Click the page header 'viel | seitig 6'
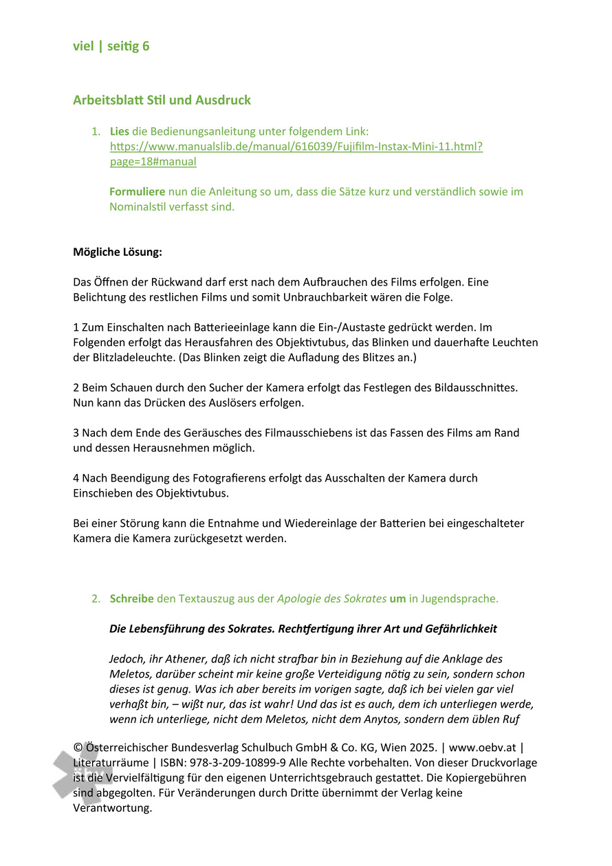tap(111, 47)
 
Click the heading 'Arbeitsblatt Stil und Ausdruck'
tap(162, 100)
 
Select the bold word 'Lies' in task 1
tap(120, 131)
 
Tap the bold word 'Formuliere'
tap(137, 192)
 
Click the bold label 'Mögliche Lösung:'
tap(118, 252)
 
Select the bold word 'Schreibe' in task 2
tap(131, 599)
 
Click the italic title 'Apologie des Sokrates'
tap(331, 599)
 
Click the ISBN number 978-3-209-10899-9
tap(231, 763)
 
